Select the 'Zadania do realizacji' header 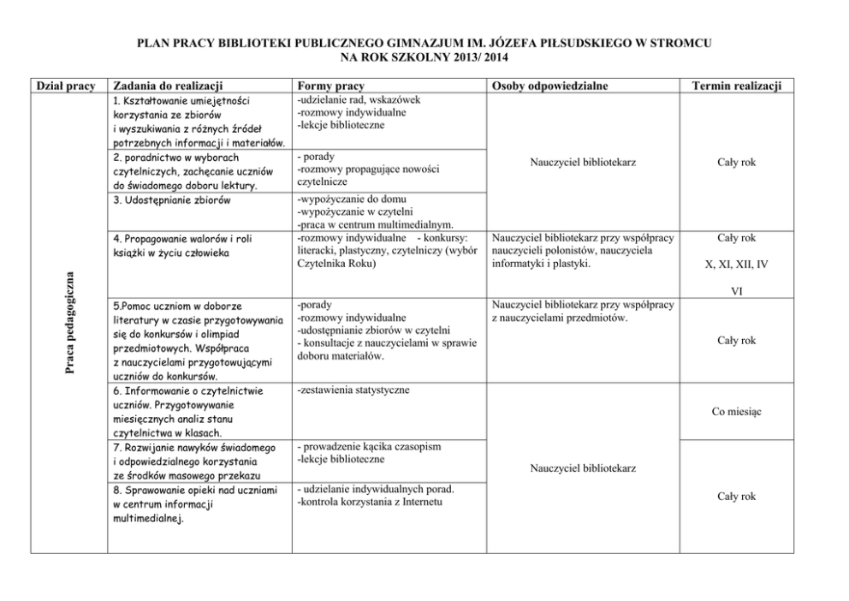click(168, 86)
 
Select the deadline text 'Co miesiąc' click(736, 412)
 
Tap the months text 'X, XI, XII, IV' click(736, 265)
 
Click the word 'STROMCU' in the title click(680, 42)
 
